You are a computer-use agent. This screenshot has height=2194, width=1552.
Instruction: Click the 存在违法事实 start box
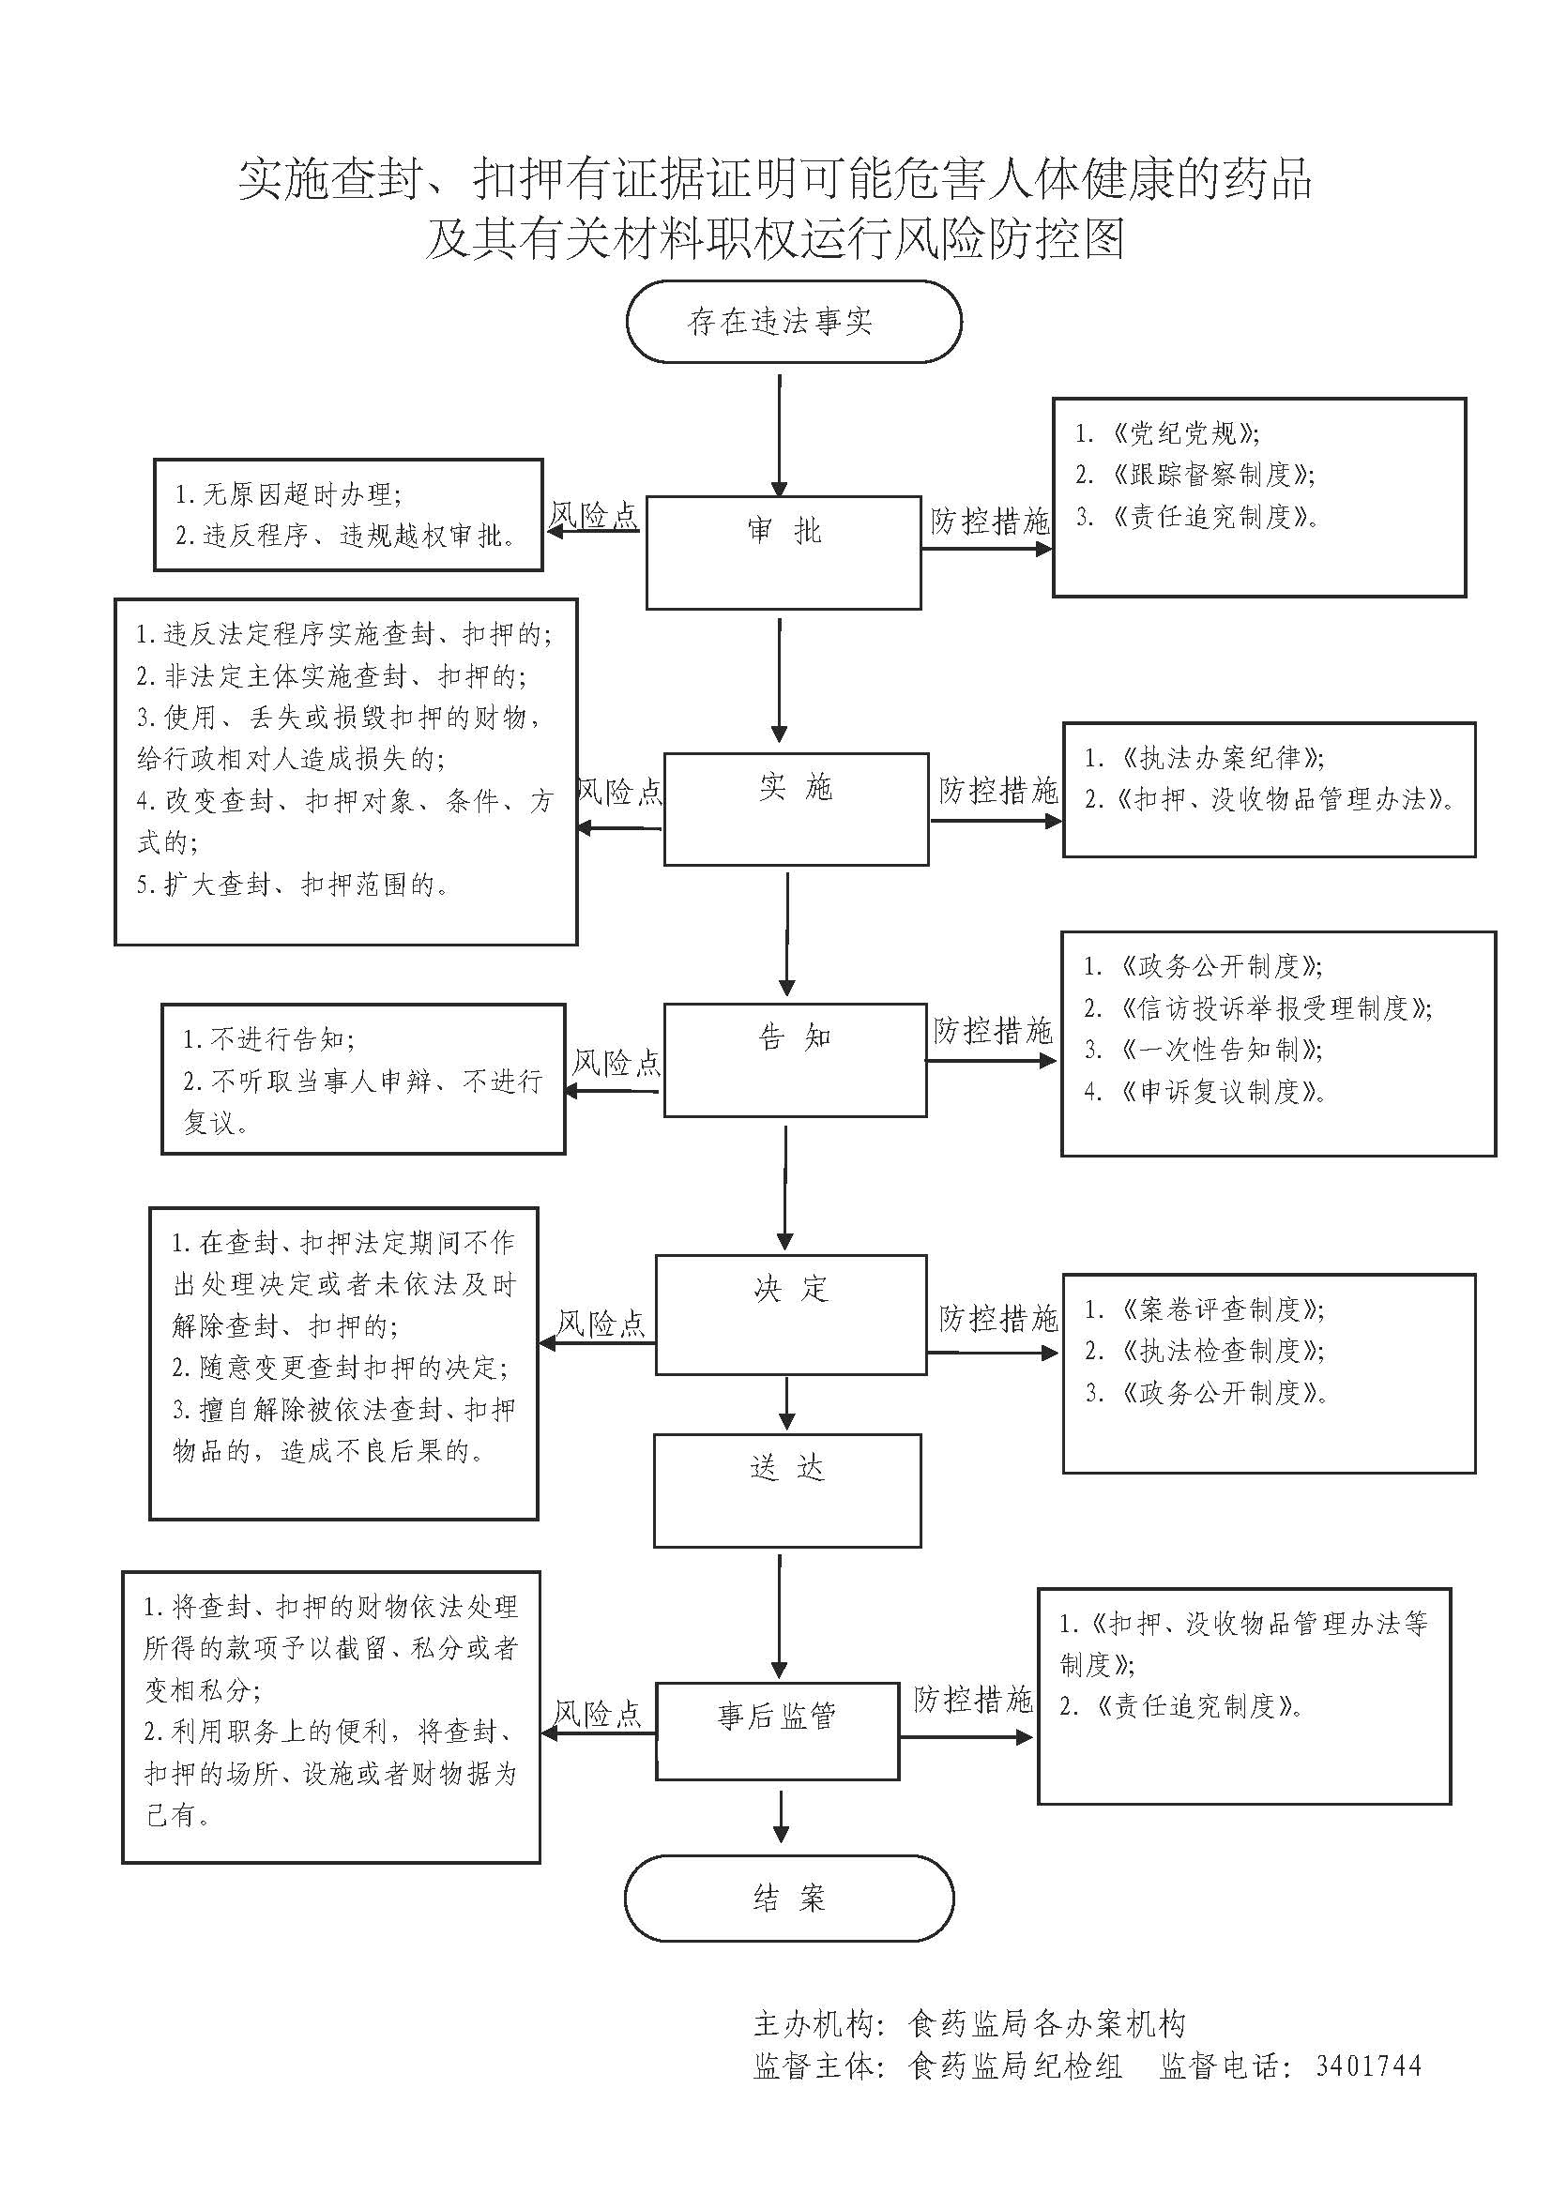click(x=793, y=321)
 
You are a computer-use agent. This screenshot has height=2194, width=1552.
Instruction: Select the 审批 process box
click(x=784, y=552)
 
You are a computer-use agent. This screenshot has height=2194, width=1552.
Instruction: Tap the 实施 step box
click(x=795, y=809)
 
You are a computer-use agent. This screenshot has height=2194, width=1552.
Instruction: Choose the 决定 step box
click(x=790, y=1314)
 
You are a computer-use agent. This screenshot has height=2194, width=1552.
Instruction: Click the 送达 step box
click(x=786, y=1490)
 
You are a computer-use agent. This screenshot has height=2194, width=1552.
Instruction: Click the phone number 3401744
click(x=1367, y=2065)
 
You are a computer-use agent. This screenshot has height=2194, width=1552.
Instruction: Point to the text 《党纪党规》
click(x=1185, y=434)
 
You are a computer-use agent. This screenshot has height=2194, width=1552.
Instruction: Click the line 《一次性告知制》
click(x=1222, y=1050)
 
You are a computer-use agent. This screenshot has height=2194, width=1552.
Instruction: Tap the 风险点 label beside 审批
click(x=593, y=516)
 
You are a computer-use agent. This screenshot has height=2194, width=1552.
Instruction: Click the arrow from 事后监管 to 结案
click(x=783, y=1817)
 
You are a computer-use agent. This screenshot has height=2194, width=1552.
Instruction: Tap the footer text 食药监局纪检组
click(x=1015, y=2065)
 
